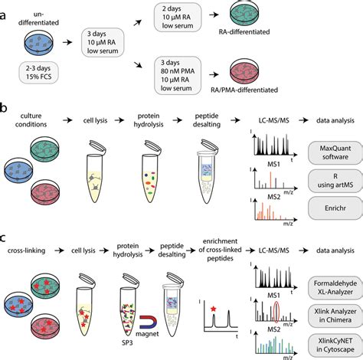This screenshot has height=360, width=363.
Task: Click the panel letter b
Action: [x=6, y=123]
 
